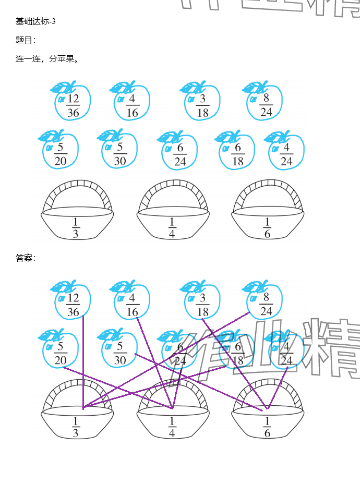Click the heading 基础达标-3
35,21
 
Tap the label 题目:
26,40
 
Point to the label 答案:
26,258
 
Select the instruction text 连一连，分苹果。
47,59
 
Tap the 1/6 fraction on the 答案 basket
267,427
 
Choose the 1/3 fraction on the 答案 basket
76,427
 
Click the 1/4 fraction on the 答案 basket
172,427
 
